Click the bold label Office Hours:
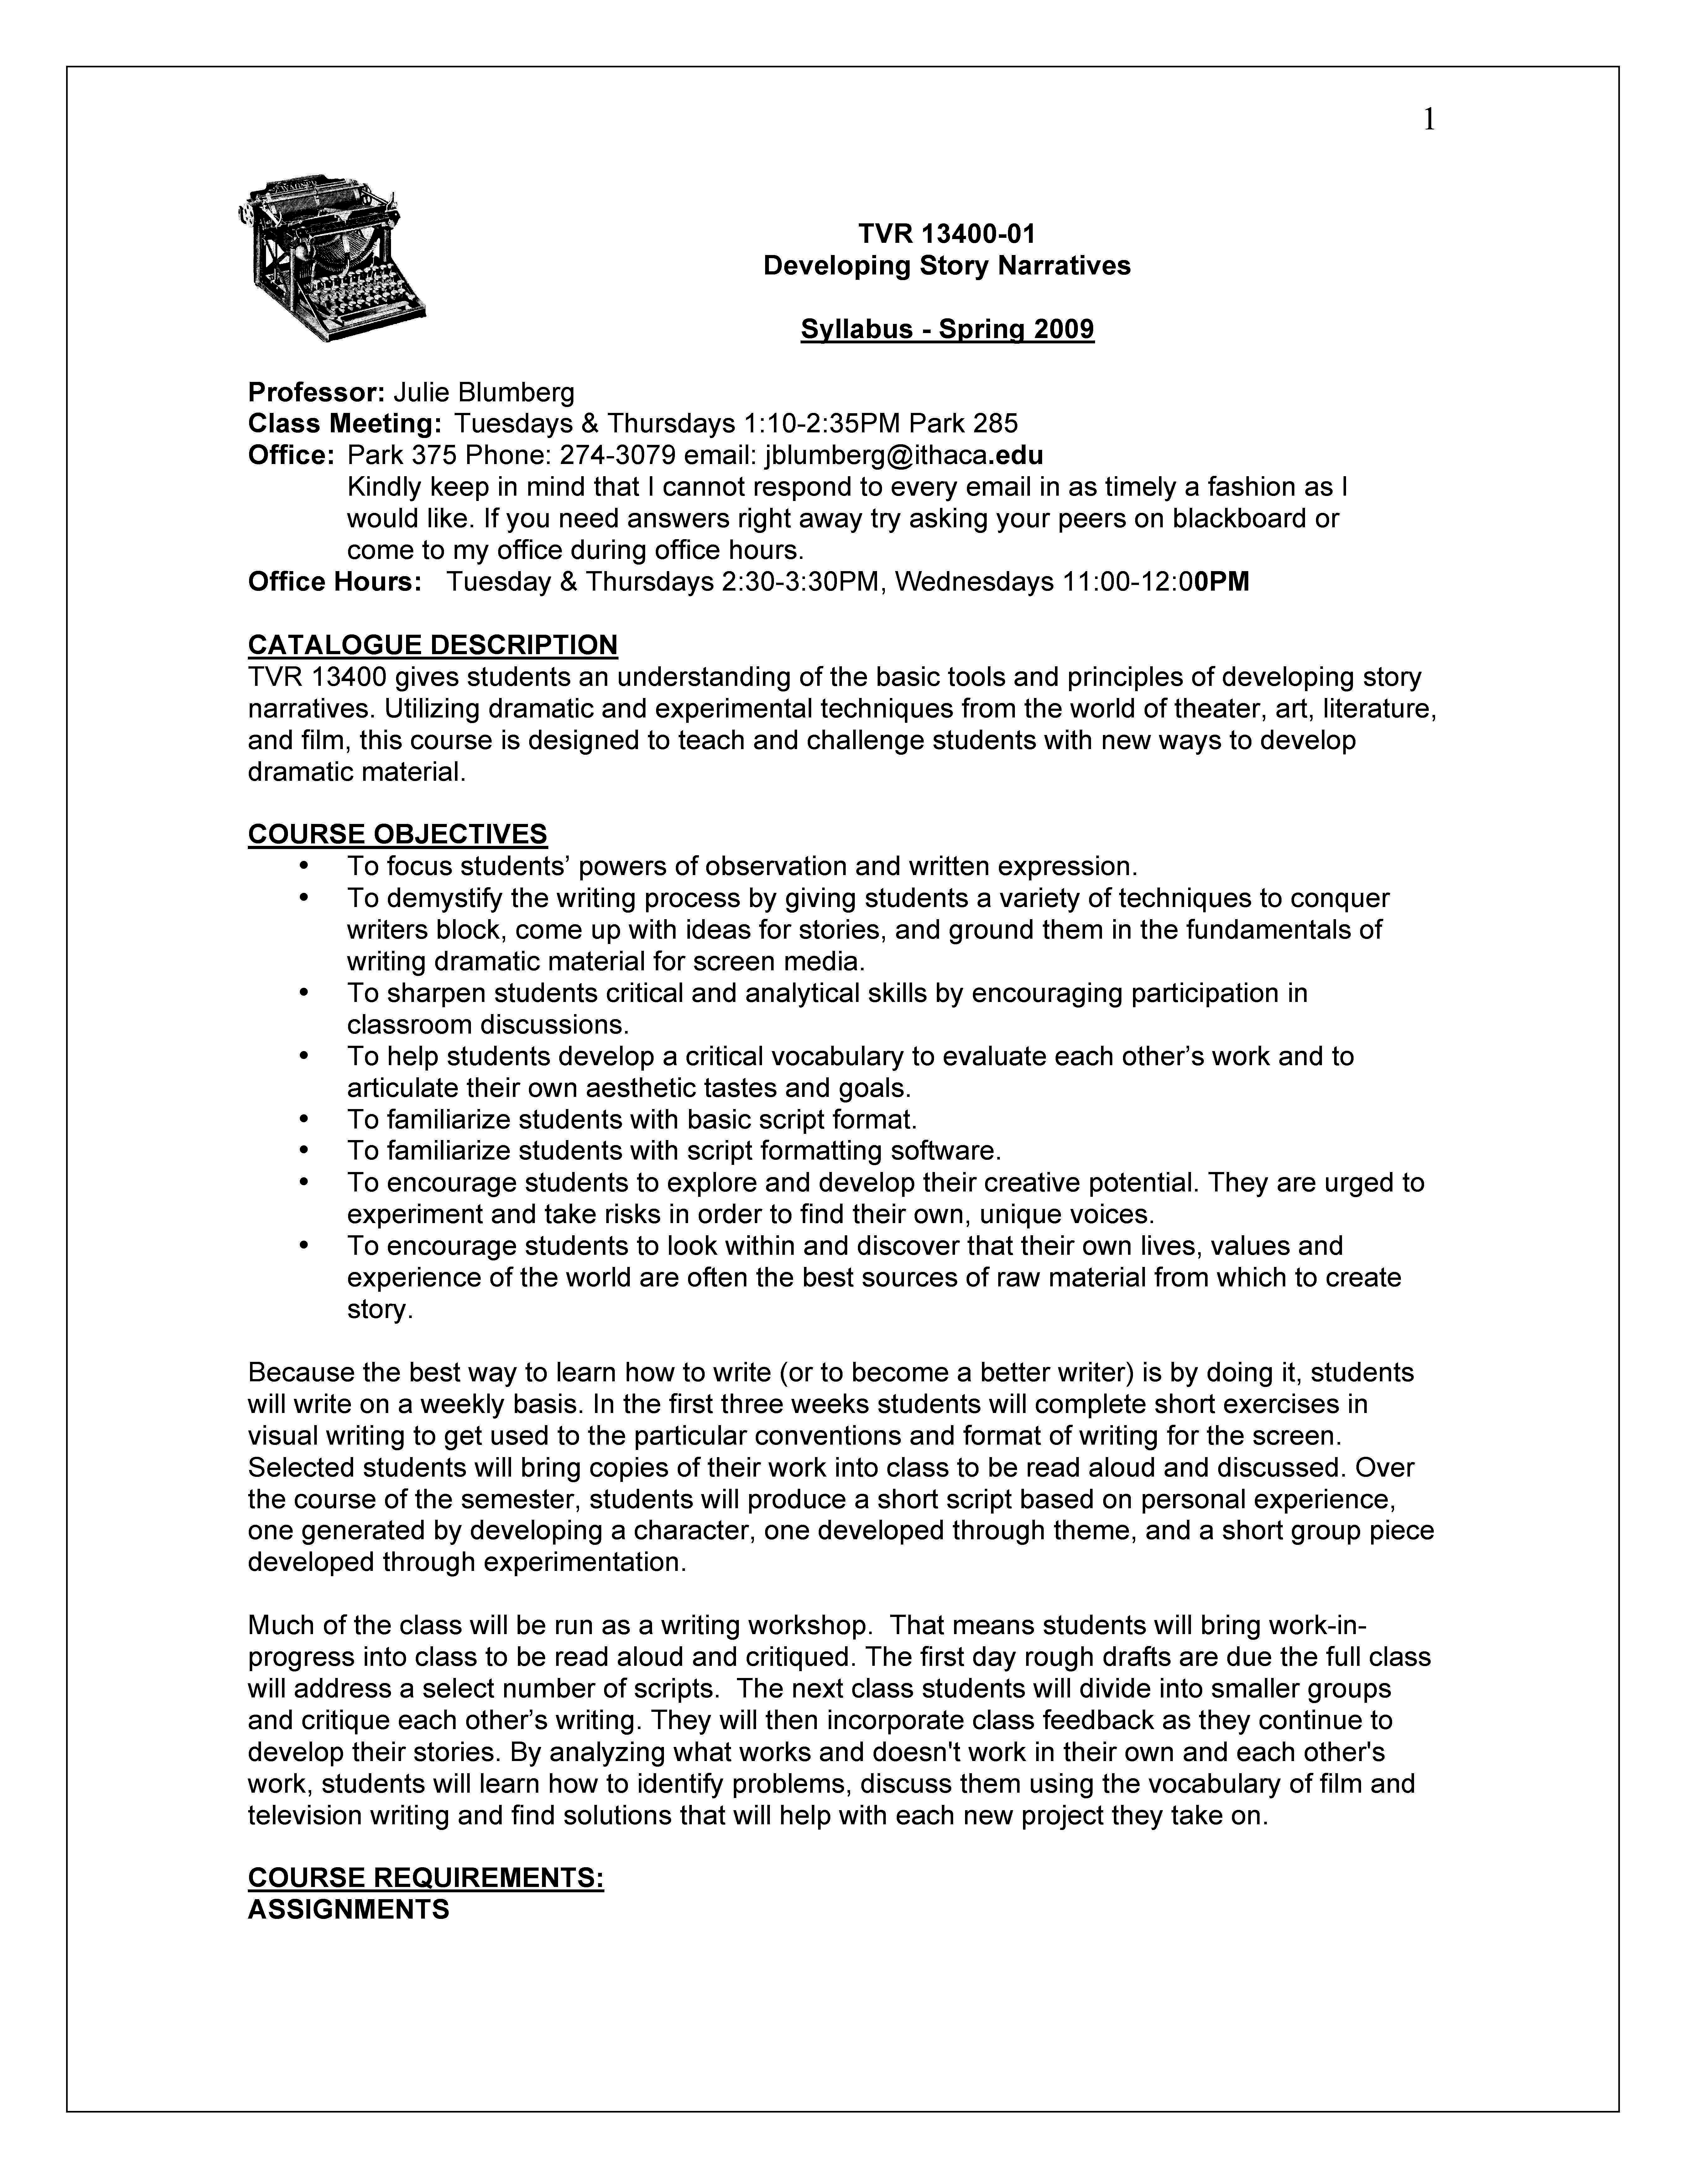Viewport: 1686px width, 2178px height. (x=334, y=581)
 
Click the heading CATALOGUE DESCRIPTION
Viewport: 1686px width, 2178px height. (x=432, y=645)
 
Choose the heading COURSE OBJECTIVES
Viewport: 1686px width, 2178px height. (x=397, y=834)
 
